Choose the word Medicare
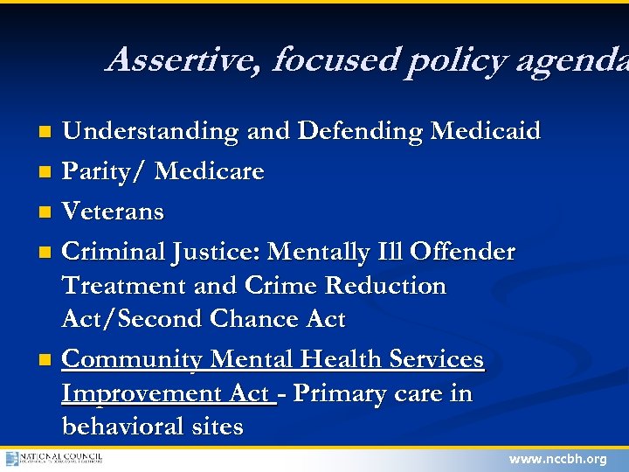click(x=209, y=172)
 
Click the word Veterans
click(x=113, y=212)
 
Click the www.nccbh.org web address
click(x=557, y=459)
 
